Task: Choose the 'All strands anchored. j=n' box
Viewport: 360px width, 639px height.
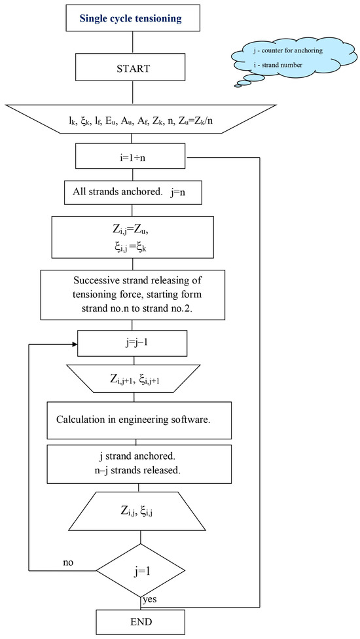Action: point(134,193)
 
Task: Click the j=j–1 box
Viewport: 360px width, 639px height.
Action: point(134,342)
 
